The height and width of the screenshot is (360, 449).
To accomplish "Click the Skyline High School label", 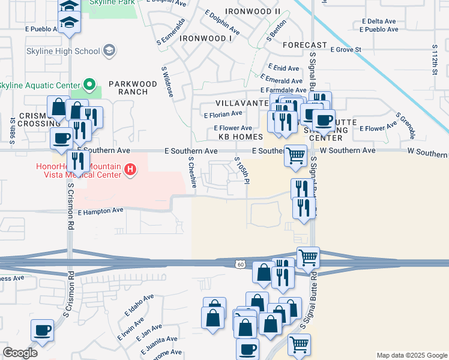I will tap(62, 50).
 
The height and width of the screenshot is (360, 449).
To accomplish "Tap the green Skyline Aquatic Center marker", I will tap(89, 85).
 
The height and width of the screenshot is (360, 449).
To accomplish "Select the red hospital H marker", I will tap(130, 171).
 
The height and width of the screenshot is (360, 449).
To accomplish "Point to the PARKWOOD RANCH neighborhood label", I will tap(128, 88).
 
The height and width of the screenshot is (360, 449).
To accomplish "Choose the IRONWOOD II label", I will tap(253, 11).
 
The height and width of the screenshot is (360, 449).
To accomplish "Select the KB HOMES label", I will tap(241, 137).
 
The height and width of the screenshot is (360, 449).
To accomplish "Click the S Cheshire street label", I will tap(191, 173).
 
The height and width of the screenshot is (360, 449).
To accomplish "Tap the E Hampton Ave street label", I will tap(100, 211).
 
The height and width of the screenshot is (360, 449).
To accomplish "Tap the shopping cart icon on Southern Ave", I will tap(295, 154).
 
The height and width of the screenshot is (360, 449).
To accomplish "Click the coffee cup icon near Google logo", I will tap(42, 329).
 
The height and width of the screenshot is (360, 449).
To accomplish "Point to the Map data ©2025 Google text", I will tap(411, 355).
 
